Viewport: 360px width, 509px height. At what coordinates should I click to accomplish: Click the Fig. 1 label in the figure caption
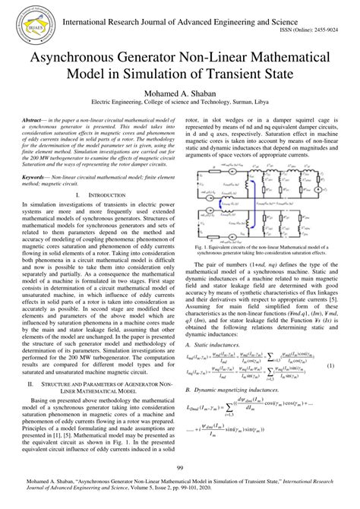pos(204,248)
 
